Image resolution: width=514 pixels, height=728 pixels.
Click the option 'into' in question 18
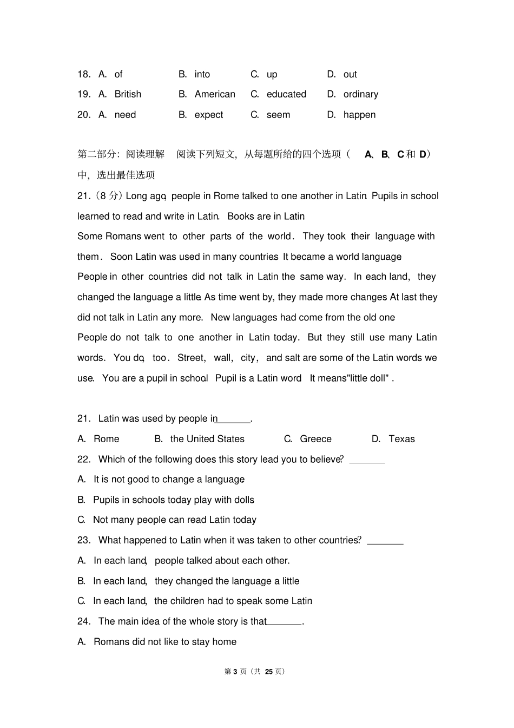pos(202,74)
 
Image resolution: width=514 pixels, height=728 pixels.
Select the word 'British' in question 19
pos(128,94)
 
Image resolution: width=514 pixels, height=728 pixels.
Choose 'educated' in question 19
pos(286,94)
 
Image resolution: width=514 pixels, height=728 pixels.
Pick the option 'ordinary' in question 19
pos(360,94)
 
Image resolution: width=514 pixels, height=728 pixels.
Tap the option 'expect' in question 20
pos(209,115)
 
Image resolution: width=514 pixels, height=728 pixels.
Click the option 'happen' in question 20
pos(359,115)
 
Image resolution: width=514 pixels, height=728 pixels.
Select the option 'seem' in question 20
pos(278,115)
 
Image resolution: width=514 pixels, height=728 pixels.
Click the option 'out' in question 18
pos(350,74)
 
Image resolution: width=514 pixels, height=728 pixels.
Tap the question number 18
pos(84,74)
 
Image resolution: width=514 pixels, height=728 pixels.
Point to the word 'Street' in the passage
pos(191,358)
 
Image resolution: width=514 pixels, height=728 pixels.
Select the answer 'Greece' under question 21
pos(315,439)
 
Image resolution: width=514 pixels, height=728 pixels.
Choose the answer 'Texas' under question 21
pos(401,439)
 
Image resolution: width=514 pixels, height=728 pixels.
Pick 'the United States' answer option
pos(207,439)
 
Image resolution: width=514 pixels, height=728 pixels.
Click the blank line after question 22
pos(367,463)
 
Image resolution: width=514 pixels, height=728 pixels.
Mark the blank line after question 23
pos(385,543)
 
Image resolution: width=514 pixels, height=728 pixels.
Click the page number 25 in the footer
pos(269,671)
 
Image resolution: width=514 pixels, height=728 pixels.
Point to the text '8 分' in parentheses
pos(109,196)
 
